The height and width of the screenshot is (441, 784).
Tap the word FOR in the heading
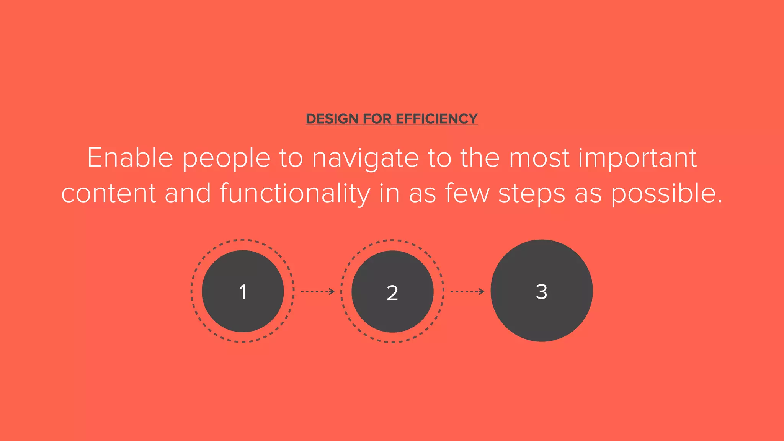(x=377, y=119)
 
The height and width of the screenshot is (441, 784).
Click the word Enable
(x=130, y=158)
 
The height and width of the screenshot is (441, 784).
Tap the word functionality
(x=295, y=194)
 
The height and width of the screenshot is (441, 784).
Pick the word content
(x=108, y=194)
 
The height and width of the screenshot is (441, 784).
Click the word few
(x=467, y=193)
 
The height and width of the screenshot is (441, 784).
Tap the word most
(x=539, y=158)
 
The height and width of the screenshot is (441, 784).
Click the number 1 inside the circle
(x=243, y=292)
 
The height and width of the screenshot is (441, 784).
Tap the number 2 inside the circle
(x=392, y=293)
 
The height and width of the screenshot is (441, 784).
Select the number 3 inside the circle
(x=541, y=291)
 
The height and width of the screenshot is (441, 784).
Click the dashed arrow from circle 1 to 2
(x=317, y=292)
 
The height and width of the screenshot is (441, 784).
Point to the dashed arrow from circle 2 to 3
(x=467, y=292)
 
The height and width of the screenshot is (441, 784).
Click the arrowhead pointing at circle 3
(x=482, y=292)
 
